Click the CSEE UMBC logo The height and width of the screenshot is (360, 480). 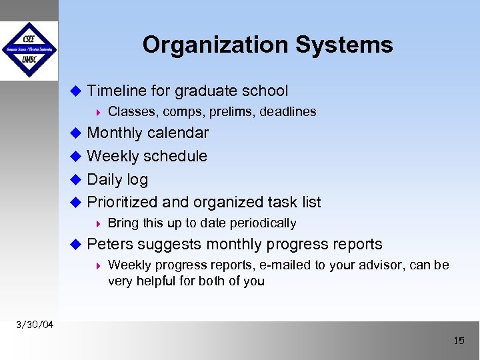29,50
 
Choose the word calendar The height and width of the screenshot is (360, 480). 177,133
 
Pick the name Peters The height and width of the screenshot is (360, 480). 109,245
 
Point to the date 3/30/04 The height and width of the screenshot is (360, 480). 35,325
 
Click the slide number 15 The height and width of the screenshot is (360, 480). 459,341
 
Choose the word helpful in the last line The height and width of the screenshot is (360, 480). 157,281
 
